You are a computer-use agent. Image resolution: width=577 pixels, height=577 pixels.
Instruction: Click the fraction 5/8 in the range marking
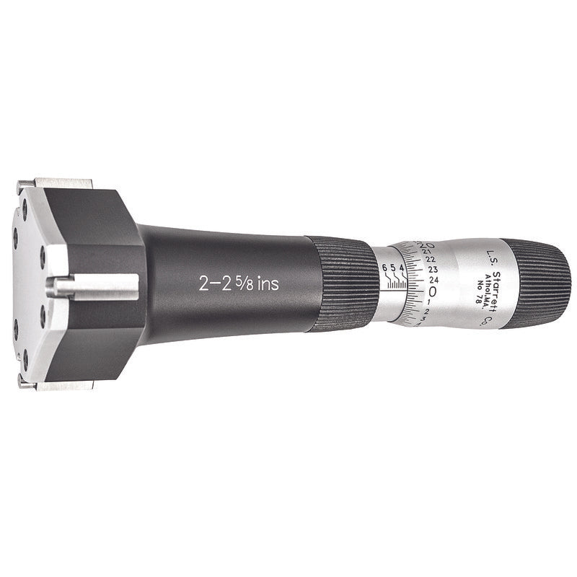pos(241,283)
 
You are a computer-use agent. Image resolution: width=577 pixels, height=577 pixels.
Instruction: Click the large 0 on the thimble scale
pos(433,291)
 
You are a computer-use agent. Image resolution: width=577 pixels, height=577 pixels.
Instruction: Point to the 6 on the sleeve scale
pos(386,268)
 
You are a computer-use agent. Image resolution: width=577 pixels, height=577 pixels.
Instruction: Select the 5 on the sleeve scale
pos(394,268)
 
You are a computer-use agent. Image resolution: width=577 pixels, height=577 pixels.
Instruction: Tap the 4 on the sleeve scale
pos(402,268)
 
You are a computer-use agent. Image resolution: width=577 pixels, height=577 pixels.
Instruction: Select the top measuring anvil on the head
pos(61,183)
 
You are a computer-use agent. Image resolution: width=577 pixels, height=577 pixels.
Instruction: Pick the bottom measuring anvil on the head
pos(61,387)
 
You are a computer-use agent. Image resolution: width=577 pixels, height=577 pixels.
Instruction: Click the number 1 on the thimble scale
pos(430,302)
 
